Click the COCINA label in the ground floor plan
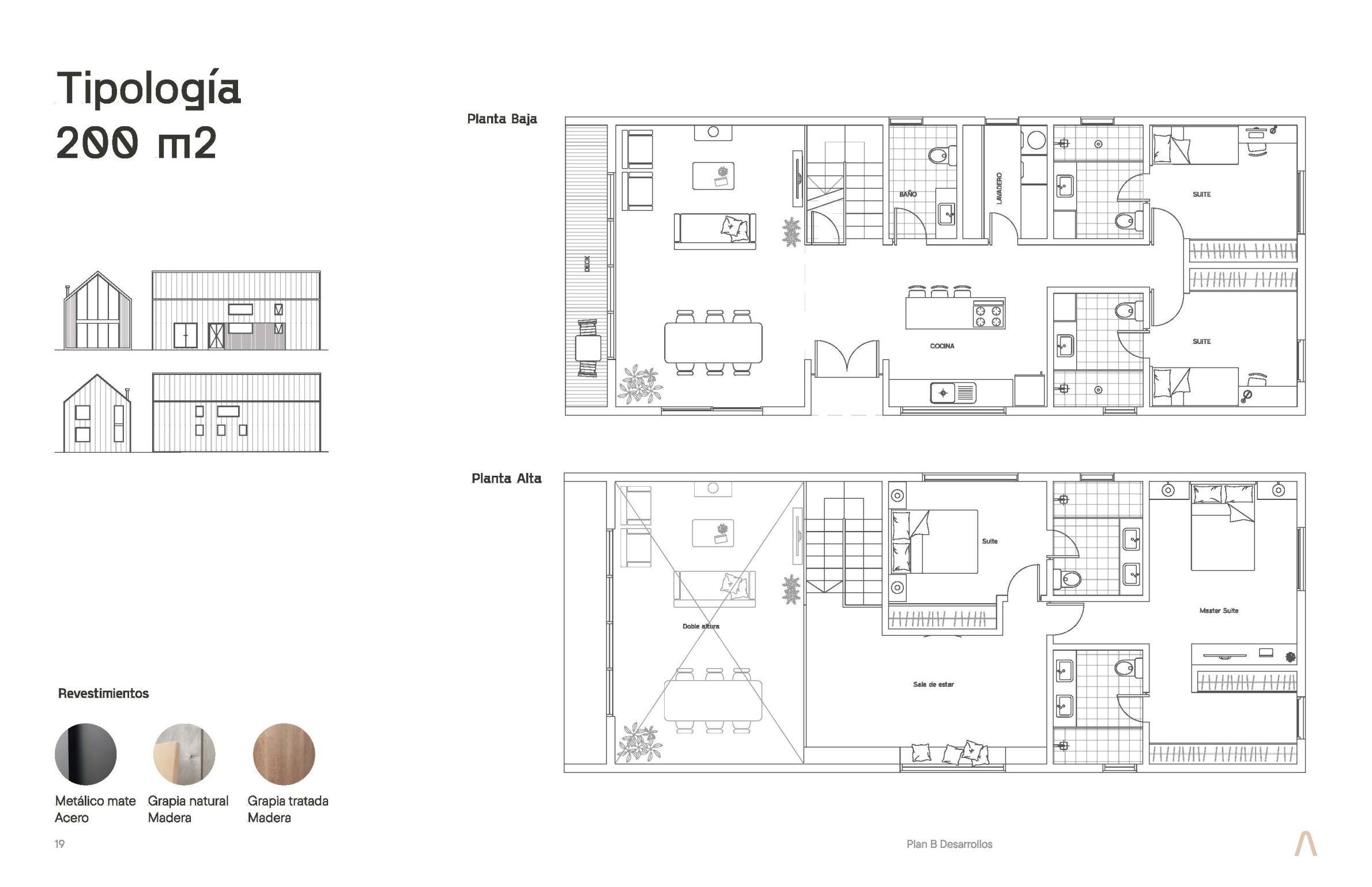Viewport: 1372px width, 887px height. coord(942,346)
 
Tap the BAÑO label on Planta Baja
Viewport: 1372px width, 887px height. coord(908,194)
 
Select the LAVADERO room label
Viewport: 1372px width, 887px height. coord(999,188)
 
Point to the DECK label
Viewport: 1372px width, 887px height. coord(587,264)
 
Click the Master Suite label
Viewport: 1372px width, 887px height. coord(1219,611)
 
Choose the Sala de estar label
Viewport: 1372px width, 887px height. coord(933,684)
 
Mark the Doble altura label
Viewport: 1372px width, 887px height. coord(700,626)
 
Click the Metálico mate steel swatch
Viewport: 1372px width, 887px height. coord(85,754)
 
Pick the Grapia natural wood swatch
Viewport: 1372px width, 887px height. coord(184,754)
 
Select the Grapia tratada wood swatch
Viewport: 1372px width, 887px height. coord(284,754)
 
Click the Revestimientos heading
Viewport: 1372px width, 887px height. coord(103,693)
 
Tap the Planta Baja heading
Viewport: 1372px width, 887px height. coord(502,119)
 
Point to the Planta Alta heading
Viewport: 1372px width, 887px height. coord(507,478)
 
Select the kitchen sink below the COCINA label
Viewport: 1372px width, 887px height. coord(953,393)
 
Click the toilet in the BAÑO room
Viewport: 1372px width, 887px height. coord(943,155)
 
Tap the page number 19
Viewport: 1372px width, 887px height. coord(59,844)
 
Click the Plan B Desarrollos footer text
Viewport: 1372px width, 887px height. coord(949,844)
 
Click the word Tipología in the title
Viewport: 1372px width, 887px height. coord(149,90)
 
